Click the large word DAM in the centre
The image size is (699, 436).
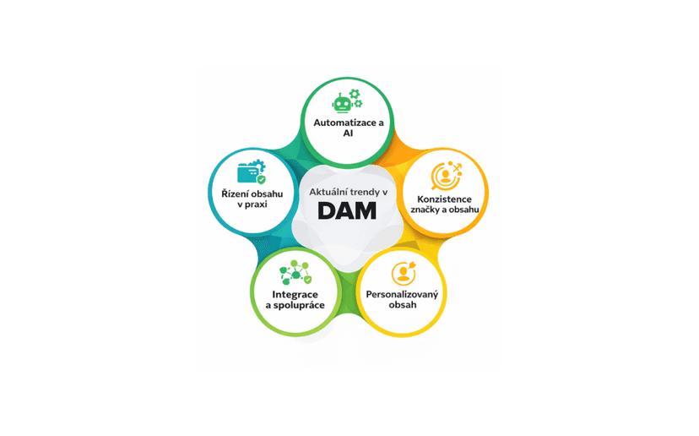pyautogui.click(x=347, y=210)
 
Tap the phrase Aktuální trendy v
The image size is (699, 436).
pyautogui.click(x=348, y=192)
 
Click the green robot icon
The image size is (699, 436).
pyautogui.click(x=342, y=103)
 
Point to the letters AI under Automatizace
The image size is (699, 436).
pyautogui.click(x=348, y=133)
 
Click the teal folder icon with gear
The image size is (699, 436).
pyautogui.click(x=252, y=172)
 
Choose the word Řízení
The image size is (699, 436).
pyautogui.click(x=234, y=193)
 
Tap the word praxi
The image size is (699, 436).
pyautogui.click(x=257, y=204)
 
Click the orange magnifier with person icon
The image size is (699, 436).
pyautogui.click(x=447, y=176)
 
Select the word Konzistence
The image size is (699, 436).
pyautogui.click(x=444, y=199)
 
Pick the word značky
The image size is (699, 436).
pyautogui.click(x=425, y=210)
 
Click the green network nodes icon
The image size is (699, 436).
pyautogui.click(x=295, y=272)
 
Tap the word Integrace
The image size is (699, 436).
pyautogui.click(x=295, y=295)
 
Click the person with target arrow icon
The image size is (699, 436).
pyautogui.click(x=404, y=273)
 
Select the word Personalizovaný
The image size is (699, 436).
pyautogui.click(x=402, y=295)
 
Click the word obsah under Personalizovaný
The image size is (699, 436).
pyautogui.click(x=403, y=305)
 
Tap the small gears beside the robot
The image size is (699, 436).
pyautogui.click(x=355, y=98)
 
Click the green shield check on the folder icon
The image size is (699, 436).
pyautogui.click(x=261, y=179)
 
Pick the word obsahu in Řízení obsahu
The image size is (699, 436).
pyautogui.click(x=266, y=193)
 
